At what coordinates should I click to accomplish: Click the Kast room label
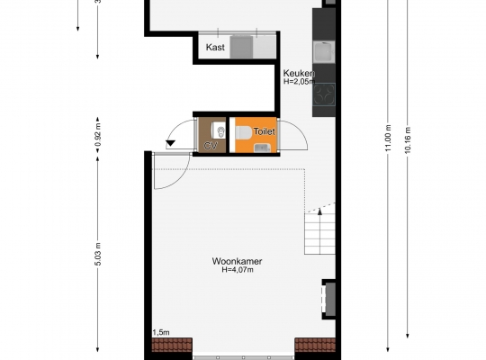pyautogui.click(x=215, y=47)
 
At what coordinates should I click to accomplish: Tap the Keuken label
pyautogui.click(x=299, y=74)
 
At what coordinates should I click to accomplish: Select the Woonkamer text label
pyautogui.click(x=237, y=261)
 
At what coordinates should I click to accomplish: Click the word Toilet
pyautogui.click(x=264, y=131)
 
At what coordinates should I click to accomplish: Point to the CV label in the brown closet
pyautogui.click(x=211, y=146)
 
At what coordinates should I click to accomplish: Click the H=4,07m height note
pyautogui.click(x=238, y=270)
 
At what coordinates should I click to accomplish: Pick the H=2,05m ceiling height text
pyautogui.click(x=299, y=82)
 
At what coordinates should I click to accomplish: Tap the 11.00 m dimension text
pyautogui.click(x=388, y=139)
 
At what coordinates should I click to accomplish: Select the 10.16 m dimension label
pyautogui.click(x=408, y=139)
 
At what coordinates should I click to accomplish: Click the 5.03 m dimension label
pyautogui.click(x=98, y=255)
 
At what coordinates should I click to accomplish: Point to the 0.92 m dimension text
pyautogui.click(x=98, y=135)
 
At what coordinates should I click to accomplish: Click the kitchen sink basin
pyautogui.click(x=324, y=52)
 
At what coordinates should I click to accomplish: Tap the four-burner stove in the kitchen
pyautogui.click(x=324, y=94)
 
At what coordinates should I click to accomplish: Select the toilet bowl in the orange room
pyautogui.click(x=244, y=133)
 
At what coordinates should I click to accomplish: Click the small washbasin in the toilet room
pyautogui.click(x=262, y=148)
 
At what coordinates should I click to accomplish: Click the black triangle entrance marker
pyautogui.click(x=171, y=144)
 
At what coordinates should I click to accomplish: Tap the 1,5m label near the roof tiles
pyautogui.click(x=161, y=333)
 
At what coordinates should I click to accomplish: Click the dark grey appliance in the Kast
pyautogui.click(x=241, y=47)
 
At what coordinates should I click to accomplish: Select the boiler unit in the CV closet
pyautogui.click(x=218, y=130)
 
